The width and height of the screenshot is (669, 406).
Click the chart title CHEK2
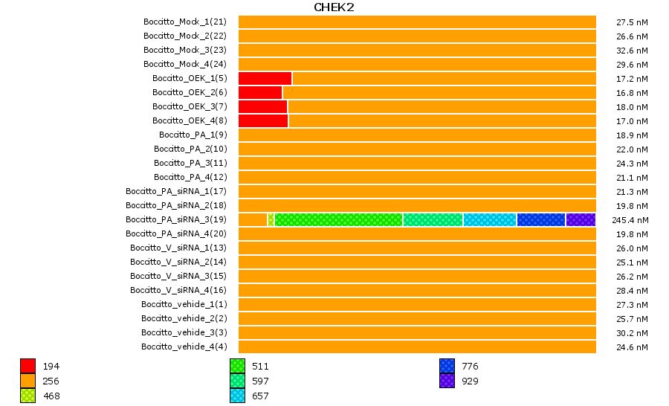pos(334,7)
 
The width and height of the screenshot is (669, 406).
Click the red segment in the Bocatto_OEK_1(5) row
pos(265,78)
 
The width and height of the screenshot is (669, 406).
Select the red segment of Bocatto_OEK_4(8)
pos(262,120)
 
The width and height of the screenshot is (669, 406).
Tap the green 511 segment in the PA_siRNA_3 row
pos(338,219)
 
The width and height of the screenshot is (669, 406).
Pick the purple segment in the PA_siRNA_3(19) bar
pos(581,219)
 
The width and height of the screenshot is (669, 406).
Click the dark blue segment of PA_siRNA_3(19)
pos(540,219)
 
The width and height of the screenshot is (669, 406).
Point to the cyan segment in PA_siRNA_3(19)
pos(489,219)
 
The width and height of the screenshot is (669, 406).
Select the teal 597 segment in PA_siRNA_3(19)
pos(433,219)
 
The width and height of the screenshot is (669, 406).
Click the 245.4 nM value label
pos(630,220)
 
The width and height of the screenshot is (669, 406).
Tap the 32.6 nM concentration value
pos(632,51)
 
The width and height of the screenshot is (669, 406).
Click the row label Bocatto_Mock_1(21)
pos(184,22)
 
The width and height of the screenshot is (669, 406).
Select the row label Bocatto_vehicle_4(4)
pos(184,347)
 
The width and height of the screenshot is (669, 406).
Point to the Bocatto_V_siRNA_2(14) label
pos(178,262)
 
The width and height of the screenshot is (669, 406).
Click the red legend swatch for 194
pos(28,366)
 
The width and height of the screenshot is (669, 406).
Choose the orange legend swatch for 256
pos(28,381)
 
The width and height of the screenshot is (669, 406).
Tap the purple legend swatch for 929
pos(447,381)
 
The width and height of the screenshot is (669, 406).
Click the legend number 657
pos(260,396)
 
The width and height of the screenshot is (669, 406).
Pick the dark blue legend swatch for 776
pos(447,366)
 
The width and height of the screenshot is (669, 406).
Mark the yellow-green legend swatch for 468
pos(28,396)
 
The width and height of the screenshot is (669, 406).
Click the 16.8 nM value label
pos(632,93)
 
